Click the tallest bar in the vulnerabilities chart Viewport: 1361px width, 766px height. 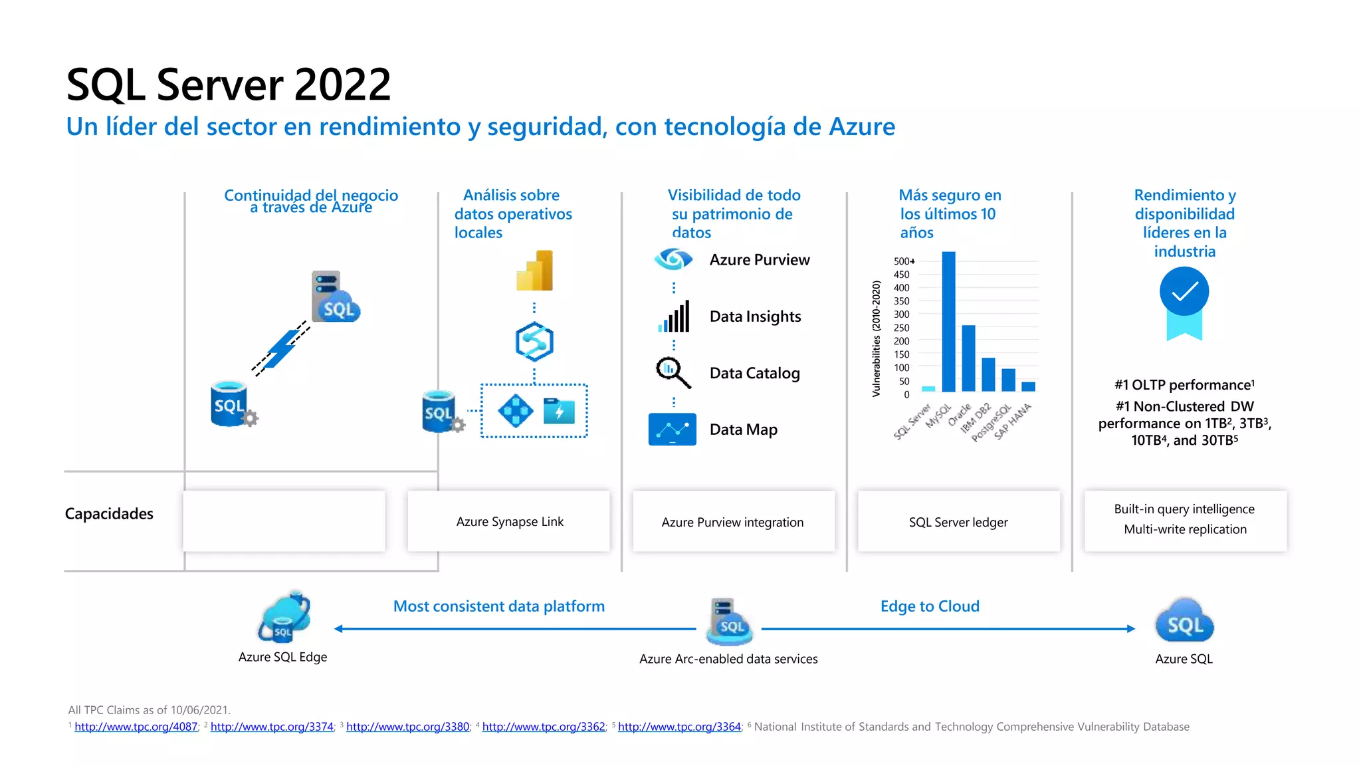(948, 322)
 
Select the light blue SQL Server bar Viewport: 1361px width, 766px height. (928, 389)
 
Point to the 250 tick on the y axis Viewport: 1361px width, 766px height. (901, 328)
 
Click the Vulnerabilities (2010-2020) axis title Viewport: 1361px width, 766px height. (876, 338)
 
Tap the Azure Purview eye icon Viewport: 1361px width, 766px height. (673, 259)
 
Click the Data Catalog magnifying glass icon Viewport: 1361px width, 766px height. (673, 372)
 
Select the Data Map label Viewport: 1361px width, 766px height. (743, 430)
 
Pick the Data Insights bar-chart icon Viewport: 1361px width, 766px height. (674, 317)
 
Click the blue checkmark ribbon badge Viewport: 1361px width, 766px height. (1184, 303)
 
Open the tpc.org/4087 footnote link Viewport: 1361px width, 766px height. (136, 727)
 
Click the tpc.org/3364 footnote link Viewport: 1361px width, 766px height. (679, 727)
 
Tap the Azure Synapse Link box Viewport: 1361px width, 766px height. (509, 521)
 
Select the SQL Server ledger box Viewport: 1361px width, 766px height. (958, 522)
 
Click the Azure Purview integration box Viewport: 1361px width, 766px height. (732, 522)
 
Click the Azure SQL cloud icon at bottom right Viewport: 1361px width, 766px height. (1184, 622)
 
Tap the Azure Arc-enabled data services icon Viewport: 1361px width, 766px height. (729, 622)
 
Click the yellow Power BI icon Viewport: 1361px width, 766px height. (535, 271)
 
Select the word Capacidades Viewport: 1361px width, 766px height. (109, 514)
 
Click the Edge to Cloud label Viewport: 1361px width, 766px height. (930, 606)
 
